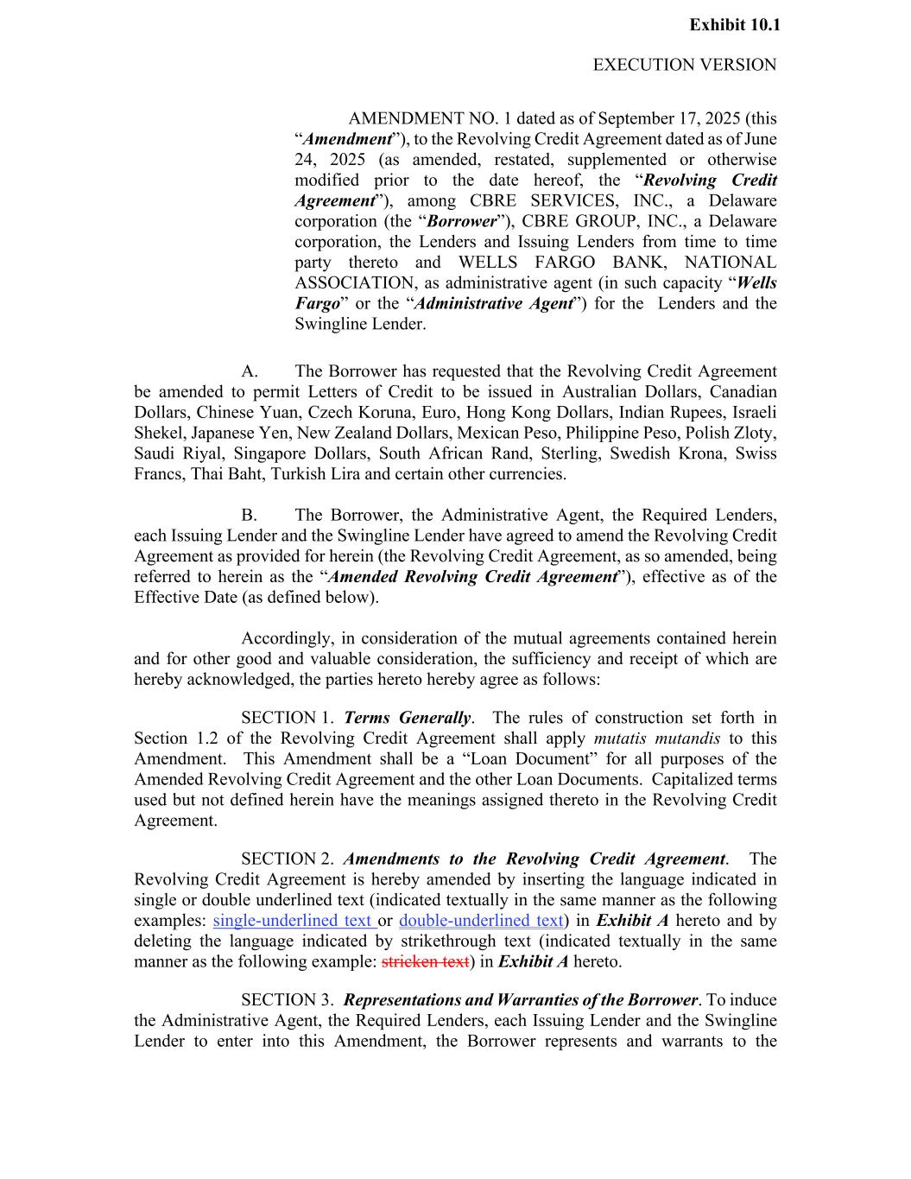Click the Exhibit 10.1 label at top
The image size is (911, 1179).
click(x=734, y=25)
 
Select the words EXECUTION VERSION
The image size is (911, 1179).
click(x=684, y=65)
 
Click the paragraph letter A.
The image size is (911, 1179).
click(x=250, y=372)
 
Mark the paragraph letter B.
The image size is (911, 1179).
click(x=249, y=516)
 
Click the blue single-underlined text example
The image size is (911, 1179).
click(x=294, y=921)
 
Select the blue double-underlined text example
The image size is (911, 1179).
click(x=481, y=921)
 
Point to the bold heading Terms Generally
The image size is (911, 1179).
click(x=407, y=718)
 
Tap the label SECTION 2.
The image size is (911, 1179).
click(x=287, y=859)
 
